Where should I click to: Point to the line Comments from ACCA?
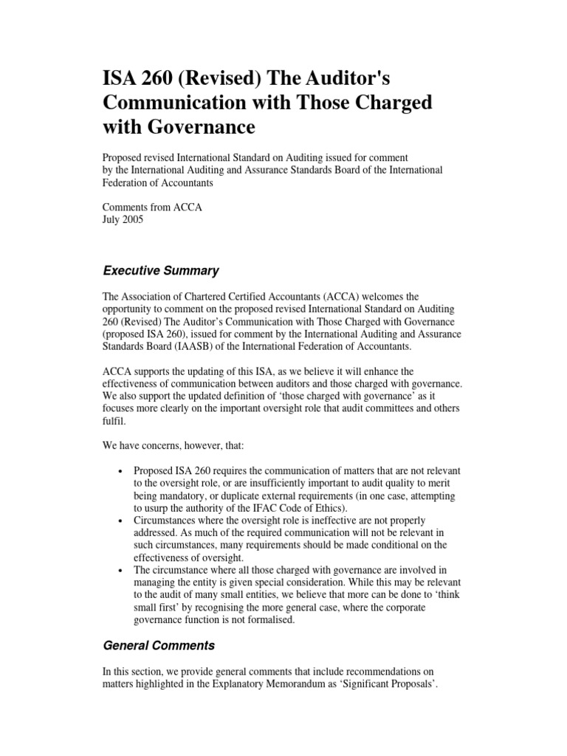[152, 208]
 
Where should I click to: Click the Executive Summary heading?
[160, 270]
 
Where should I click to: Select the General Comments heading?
[159, 645]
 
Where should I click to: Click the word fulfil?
[114, 422]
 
